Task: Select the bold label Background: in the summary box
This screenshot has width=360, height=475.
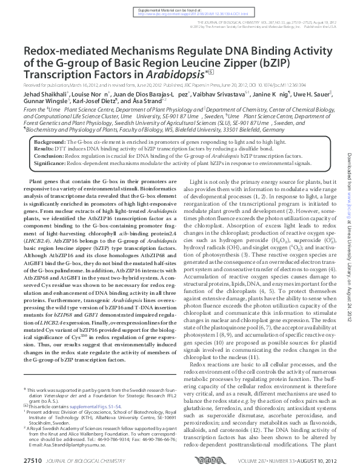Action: point(52,140)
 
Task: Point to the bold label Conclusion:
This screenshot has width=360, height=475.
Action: point(51,155)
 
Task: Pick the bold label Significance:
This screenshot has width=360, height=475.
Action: point(52,163)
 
